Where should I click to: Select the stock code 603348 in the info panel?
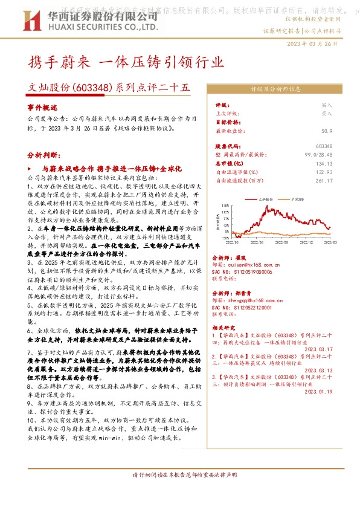coord(341,146)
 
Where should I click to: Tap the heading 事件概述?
coord(40,105)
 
